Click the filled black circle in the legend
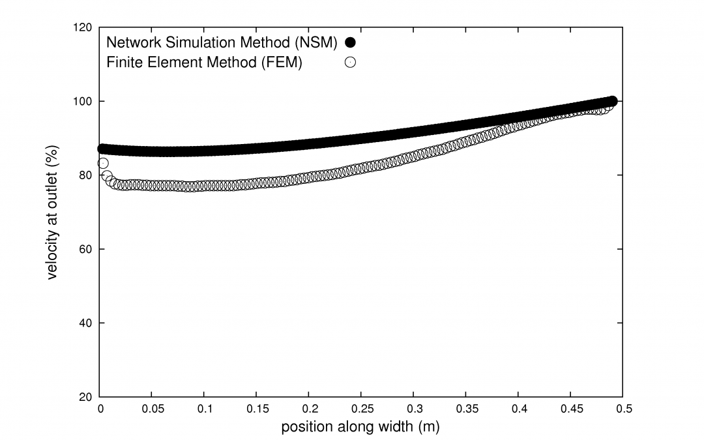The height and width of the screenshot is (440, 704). [x=350, y=43]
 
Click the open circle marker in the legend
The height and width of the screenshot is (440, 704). [x=350, y=63]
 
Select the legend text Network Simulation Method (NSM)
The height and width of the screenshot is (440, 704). [x=222, y=43]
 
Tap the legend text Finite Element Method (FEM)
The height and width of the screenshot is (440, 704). [x=204, y=63]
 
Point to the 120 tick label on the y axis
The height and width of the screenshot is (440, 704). [x=85, y=28]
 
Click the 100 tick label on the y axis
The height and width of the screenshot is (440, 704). [x=85, y=102]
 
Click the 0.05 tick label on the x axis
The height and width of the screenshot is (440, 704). [x=152, y=409]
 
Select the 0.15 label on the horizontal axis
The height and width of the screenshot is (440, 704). [x=257, y=409]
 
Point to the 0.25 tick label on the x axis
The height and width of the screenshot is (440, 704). [x=362, y=409]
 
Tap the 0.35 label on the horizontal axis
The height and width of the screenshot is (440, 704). [x=466, y=409]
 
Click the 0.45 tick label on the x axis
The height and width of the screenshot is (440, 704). [x=571, y=409]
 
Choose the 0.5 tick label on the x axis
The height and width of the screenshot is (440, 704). [x=623, y=409]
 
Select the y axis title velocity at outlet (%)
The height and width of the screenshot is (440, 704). [x=54, y=213]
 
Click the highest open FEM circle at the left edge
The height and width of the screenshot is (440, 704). [x=103, y=163]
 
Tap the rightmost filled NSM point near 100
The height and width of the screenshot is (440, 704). [x=612, y=101]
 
